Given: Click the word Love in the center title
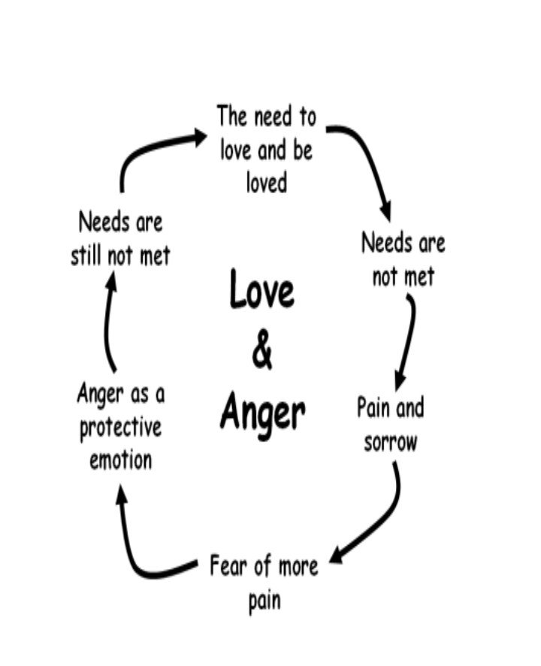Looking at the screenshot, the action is tap(261, 289).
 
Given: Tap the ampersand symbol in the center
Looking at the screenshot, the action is tap(262, 350).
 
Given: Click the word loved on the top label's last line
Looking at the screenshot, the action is tap(267, 183).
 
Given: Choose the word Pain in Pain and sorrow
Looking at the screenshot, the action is tap(373, 407).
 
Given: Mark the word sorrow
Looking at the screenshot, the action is tap(390, 443).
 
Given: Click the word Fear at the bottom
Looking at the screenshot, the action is tap(228, 565).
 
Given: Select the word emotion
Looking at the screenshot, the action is tap(121, 461).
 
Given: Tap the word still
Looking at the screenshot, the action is tap(86, 256).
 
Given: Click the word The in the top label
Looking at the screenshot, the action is tap(231, 116).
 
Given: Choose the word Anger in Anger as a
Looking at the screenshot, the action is tap(100, 395).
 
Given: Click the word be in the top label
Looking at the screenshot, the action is tap(302, 150).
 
